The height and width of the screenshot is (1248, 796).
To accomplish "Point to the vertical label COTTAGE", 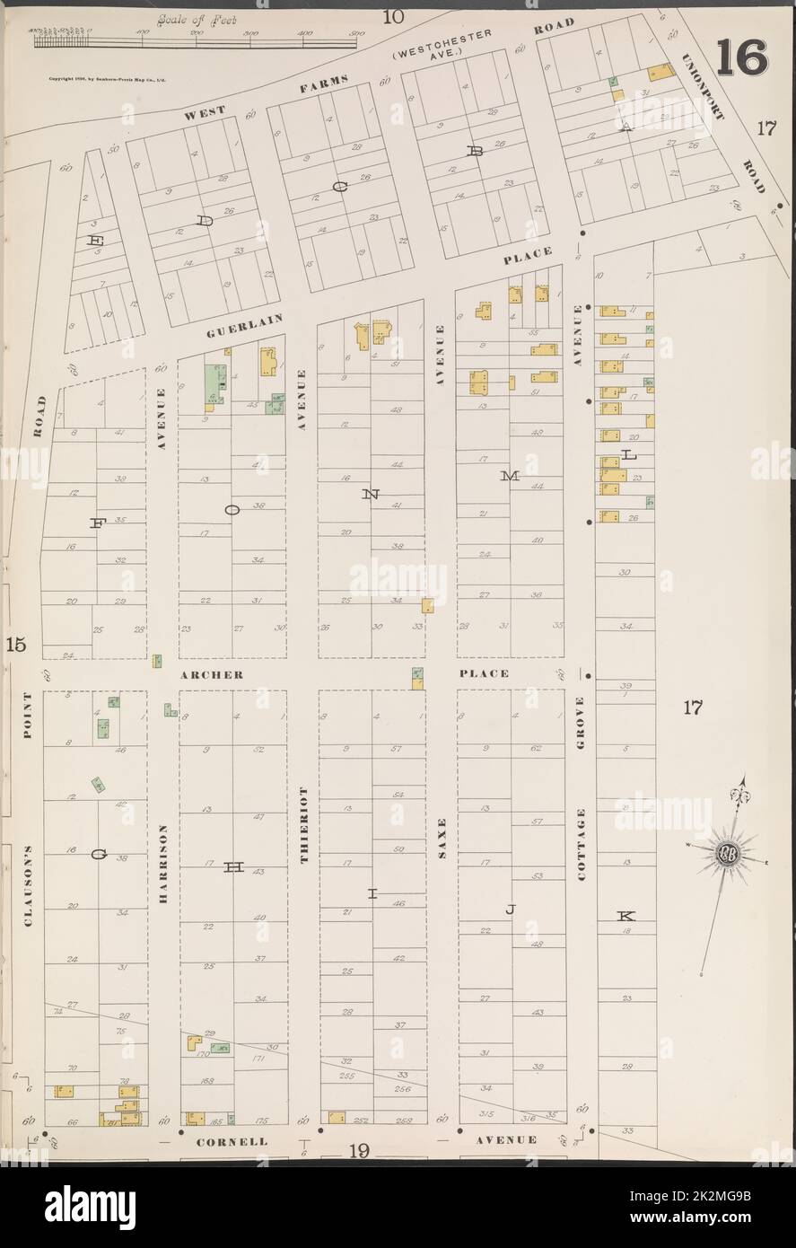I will click(582, 843).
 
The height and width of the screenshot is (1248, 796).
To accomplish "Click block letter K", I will click(625, 916).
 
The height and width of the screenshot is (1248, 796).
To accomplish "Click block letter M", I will click(509, 477).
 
